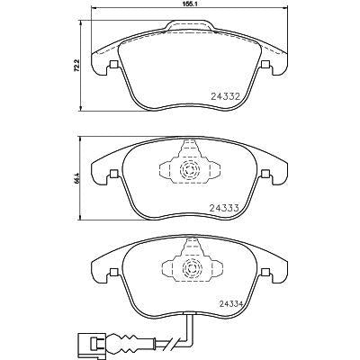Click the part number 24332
coord(226,96)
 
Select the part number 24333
coord(224,208)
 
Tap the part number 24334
coord(230,304)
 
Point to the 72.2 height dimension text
coord(76,66)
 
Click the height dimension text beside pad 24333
coord(76,177)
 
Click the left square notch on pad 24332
coord(113,65)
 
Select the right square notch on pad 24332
coord(265,65)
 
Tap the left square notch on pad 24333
coord(113,174)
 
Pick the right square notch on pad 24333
coord(265,174)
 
